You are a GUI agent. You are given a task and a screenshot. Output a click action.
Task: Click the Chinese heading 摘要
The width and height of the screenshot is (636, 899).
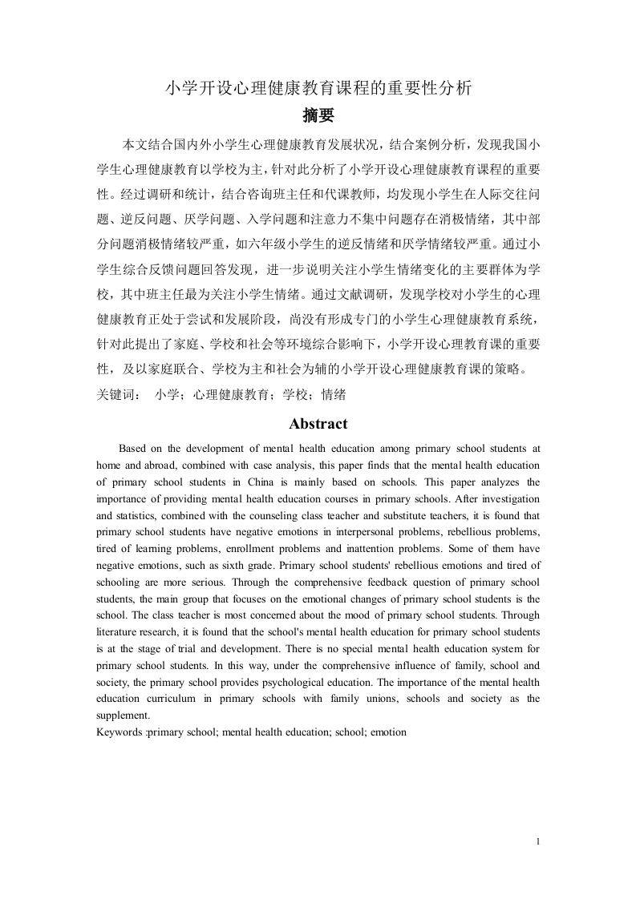(x=318, y=115)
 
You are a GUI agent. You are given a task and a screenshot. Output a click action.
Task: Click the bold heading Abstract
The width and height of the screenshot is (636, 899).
(x=318, y=424)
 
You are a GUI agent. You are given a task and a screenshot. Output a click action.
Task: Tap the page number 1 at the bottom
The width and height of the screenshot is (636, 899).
(x=537, y=841)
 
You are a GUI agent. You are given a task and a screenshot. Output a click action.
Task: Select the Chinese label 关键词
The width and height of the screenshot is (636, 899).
(x=115, y=394)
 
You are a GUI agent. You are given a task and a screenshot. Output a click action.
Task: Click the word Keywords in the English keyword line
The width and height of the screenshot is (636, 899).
(x=120, y=732)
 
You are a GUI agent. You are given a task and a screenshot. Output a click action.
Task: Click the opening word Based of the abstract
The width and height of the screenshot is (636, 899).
(x=134, y=448)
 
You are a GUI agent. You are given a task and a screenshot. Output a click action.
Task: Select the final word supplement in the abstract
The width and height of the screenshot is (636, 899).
(x=122, y=716)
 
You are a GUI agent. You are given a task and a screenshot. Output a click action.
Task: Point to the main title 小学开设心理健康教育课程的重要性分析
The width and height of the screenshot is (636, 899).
(x=318, y=87)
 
